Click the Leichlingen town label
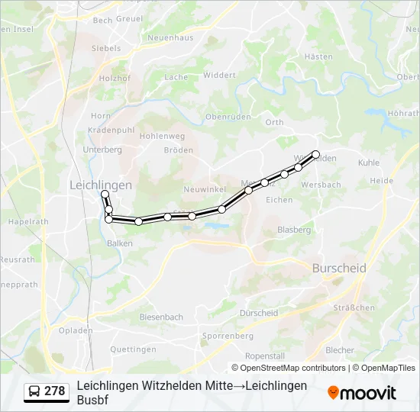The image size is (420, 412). coord(101,185)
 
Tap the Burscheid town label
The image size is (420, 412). coord(339,268)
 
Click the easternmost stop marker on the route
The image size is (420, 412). coord(315,154)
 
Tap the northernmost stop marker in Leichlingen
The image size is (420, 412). coord(105,195)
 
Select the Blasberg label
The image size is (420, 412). coord(294,230)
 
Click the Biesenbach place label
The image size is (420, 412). coord(161,317)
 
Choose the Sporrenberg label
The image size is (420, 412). coord(228,336)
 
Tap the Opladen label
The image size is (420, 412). coord(76,330)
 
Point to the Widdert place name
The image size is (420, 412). coord(220,75)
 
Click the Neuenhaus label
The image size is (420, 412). coord(170,37)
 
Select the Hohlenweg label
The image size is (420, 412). coord(162,136)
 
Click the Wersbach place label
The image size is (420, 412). coord(321,185)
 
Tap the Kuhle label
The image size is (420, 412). coord(368,163)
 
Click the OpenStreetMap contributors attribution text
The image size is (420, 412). coord(288,368)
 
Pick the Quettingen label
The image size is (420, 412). coord(133,349)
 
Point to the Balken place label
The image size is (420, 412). coord(120,243)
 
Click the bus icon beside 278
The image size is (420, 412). coord(34,391)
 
